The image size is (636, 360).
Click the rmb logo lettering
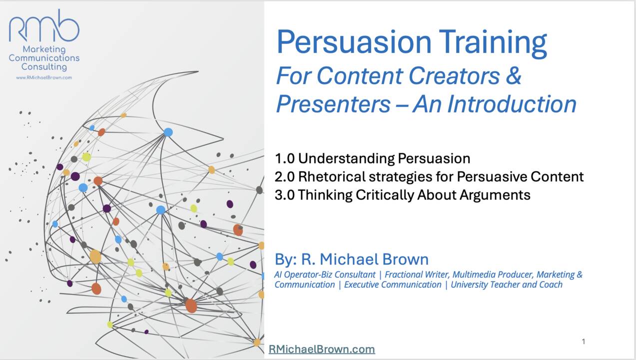[44, 26]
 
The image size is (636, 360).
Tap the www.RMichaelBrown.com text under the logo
[44, 77]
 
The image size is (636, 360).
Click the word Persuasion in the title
[354, 42]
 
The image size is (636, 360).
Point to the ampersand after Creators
[514, 75]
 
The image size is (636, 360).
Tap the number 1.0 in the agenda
[284, 158]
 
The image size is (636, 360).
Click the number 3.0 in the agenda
[284, 195]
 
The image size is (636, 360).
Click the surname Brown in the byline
[405, 259]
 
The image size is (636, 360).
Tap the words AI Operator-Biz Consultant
[325, 275]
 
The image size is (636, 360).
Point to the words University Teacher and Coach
[507, 284]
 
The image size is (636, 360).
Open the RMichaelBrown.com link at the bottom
[322, 349]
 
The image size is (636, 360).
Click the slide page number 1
[584, 341]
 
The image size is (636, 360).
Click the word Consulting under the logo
[44, 67]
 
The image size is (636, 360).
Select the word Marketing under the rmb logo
[44, 49]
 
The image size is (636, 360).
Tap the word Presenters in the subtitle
[333, 104]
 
